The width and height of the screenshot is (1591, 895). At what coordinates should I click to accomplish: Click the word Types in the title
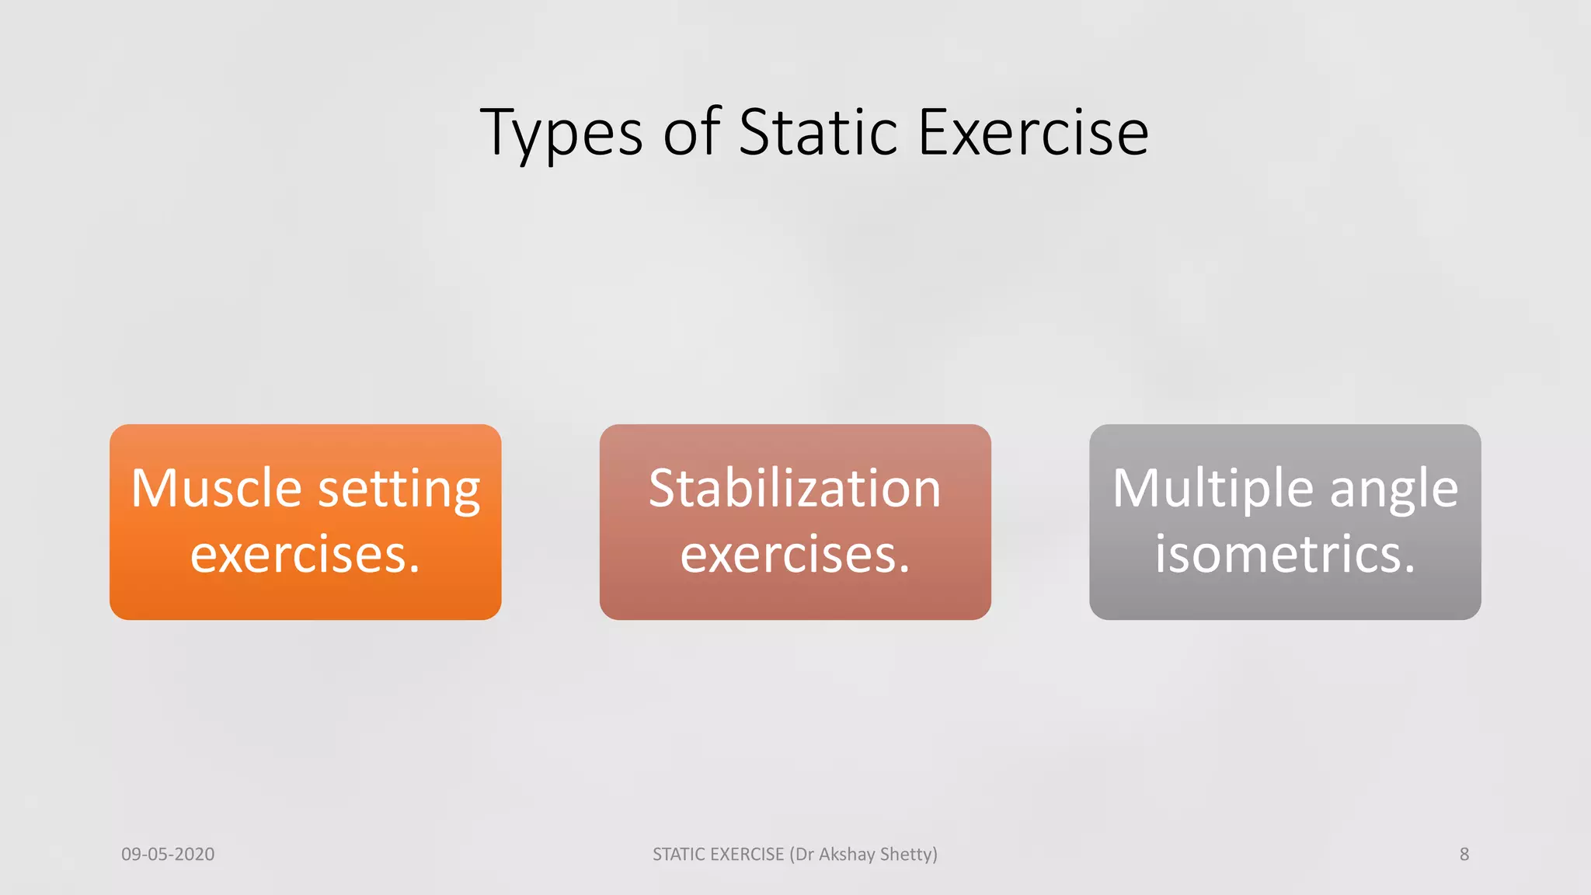(x=562, y=134)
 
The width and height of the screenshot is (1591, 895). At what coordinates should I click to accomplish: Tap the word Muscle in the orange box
(x=216, y=489)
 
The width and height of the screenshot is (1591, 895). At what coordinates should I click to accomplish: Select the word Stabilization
(x=795, y=489)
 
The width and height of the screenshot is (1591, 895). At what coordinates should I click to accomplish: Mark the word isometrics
(x=1285, y=554)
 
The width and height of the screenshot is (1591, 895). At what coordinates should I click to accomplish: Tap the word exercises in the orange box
(x=305, y=555)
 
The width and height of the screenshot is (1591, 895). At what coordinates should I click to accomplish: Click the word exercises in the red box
(x=795, y=555)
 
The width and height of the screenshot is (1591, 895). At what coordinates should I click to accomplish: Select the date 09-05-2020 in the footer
(x=168, y=855)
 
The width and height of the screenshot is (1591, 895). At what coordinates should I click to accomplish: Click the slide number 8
(x=1464, y=855)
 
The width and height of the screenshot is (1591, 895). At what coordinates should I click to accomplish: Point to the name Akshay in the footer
(x=847, y=855)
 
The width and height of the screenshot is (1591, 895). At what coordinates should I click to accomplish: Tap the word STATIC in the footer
(x=679, y=855)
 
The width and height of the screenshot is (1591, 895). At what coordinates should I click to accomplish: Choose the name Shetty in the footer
(x=907, y=855)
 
